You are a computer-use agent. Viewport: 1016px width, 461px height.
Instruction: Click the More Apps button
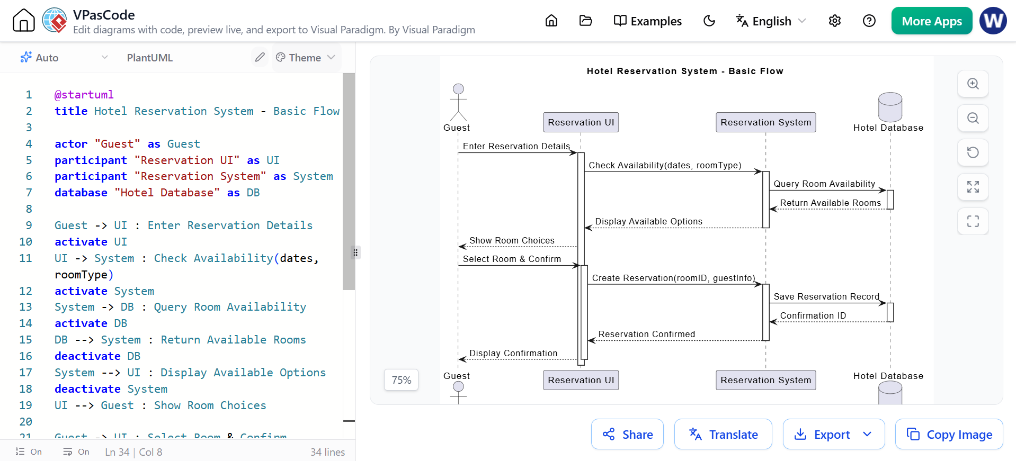pos(931,21)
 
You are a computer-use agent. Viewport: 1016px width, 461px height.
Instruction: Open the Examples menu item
pos(647,21)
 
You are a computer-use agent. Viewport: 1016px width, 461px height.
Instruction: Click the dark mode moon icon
pos(709,21)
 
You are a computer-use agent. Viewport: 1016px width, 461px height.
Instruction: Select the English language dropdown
pos(771,21)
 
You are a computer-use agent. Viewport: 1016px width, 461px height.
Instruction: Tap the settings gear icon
pos(835,21)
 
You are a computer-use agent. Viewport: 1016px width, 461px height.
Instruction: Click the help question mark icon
pos(869,21)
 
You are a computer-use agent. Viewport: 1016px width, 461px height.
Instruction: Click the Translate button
pos(723,434)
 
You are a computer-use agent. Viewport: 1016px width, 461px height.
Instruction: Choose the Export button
pos(834,434)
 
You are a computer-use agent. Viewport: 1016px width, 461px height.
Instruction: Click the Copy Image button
pos(949,434)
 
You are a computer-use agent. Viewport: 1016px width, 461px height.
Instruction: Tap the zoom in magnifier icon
pos(973,84)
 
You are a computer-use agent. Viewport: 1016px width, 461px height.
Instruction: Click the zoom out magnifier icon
pos(973,118)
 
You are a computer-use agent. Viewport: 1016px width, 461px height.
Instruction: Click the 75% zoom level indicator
pos(402,380)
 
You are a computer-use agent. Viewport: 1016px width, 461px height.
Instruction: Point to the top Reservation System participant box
pos(766,122)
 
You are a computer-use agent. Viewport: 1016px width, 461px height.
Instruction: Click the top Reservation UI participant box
pos(581,122)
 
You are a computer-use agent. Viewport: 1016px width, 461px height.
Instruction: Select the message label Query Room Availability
pos(824,184)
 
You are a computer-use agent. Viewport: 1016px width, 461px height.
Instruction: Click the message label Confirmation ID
pos(813,315)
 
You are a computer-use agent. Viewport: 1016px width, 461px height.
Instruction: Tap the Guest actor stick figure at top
pos(458,102)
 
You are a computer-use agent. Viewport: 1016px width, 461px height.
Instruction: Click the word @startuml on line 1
pos(84,95)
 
